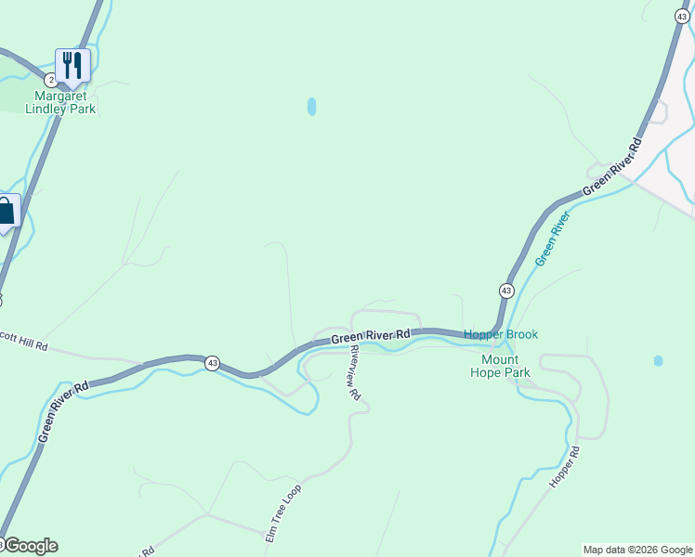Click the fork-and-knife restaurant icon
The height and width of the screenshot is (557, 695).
click(72, 64)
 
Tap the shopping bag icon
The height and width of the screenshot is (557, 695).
click(7, 212)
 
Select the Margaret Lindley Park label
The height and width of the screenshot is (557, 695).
click(65, 102)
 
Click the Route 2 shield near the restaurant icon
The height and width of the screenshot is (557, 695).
click(50, 81)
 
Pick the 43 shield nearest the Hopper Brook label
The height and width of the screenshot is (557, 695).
click(505, 291)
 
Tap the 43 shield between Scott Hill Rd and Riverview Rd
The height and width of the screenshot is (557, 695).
click(213, 363)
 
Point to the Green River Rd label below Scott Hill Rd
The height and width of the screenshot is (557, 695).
click(63, 409)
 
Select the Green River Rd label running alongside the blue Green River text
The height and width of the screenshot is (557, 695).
click(612, 168)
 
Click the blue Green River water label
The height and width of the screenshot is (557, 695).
click(552, 239)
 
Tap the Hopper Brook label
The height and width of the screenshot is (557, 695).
click(501, 334)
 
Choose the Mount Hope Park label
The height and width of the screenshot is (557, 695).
click(505, 366)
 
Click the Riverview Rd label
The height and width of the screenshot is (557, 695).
click(353, 371)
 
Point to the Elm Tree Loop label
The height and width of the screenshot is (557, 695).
click(283, 512)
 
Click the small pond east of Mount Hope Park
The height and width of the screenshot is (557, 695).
click(658, 360)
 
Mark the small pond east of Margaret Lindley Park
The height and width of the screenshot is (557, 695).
click(311, 107)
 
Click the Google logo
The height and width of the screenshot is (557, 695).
click(30, 546)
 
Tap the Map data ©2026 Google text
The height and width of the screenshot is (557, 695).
click(637, 550)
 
